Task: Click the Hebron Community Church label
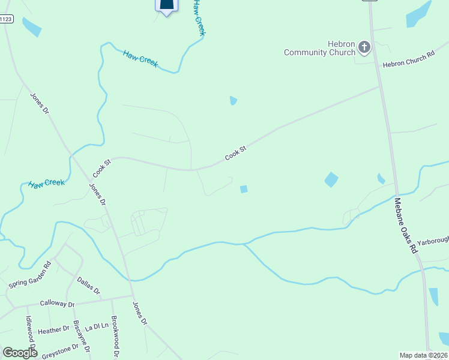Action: coord(320,49)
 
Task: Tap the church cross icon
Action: coord(364,47)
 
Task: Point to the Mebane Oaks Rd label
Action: coord(405,225)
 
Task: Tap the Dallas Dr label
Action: coord(88,284)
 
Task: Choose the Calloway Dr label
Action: coord(57,304)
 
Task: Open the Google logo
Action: coord(20,353)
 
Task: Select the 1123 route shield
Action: coord(5,19)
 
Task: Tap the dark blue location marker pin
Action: coord(167,5)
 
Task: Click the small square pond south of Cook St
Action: coord(244,189)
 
